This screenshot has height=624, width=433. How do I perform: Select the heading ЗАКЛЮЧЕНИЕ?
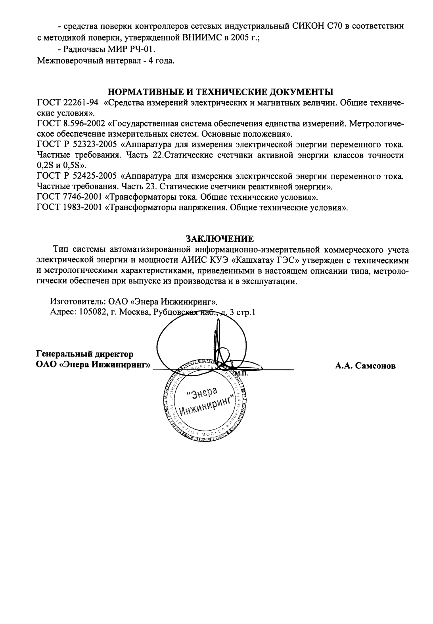point(220,239)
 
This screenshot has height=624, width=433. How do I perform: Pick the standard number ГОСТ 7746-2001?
point(69,196)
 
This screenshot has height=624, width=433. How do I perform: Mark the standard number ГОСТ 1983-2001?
point(69,207)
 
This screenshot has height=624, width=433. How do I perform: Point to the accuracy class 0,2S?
point(44,165)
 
